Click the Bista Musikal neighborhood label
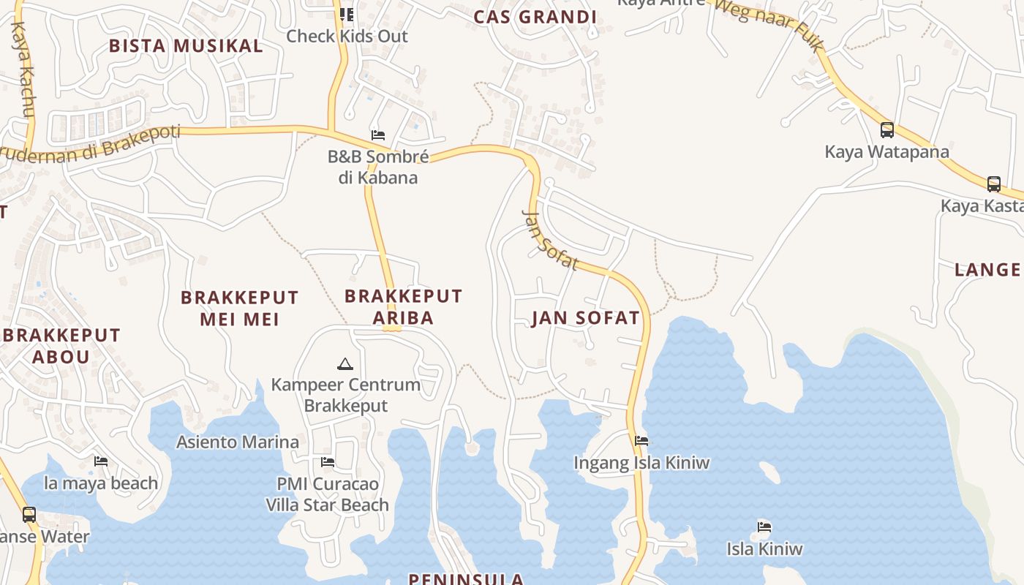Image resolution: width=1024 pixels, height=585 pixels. pos(186,46)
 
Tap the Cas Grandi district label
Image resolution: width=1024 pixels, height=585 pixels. pos(535,17)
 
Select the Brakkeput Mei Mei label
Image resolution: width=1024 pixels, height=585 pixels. pos(240,308)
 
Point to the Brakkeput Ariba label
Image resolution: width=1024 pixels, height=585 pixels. pos(403,306)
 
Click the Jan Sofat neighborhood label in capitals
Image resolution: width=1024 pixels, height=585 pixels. pos(585,318)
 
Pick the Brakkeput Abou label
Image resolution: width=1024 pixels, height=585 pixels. pos(61,346)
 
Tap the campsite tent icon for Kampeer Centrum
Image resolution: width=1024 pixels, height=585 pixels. pos(345,363)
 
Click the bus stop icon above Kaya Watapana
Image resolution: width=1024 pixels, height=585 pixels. pos(887,130)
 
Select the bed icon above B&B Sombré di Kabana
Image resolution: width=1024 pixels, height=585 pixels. pos(378,135)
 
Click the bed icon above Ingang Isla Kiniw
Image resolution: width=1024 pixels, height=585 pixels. pos(641,441)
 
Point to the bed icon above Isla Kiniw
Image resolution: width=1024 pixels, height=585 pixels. pos(764,526)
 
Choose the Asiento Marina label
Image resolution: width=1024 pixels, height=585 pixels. pos(238,442)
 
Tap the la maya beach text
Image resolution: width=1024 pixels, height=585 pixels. pos(101,483)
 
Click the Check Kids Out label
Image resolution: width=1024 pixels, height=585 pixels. pos(347,36)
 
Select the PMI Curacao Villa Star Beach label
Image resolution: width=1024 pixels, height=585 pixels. pos(327,494)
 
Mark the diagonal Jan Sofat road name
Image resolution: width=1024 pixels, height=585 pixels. pos(550,239)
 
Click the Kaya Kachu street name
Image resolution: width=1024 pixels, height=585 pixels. pos(23,69)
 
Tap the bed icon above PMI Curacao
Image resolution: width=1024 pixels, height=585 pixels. pos(328,462)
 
